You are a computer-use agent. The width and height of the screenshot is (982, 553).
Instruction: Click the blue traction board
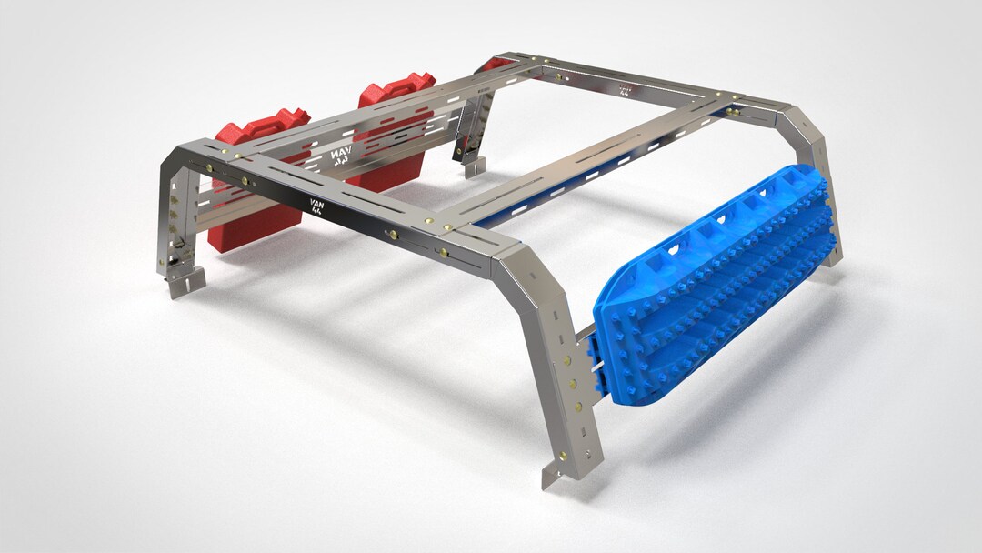(718, 282)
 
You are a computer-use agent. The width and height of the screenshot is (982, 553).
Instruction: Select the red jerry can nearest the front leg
(255, 182)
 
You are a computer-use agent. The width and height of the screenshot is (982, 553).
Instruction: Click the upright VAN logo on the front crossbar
(313, 202)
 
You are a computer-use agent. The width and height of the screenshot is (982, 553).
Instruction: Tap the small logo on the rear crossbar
(625, 91)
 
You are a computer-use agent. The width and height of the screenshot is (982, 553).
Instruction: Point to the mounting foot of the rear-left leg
(473, 166)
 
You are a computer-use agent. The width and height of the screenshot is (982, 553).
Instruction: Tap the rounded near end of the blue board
(618, 346)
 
